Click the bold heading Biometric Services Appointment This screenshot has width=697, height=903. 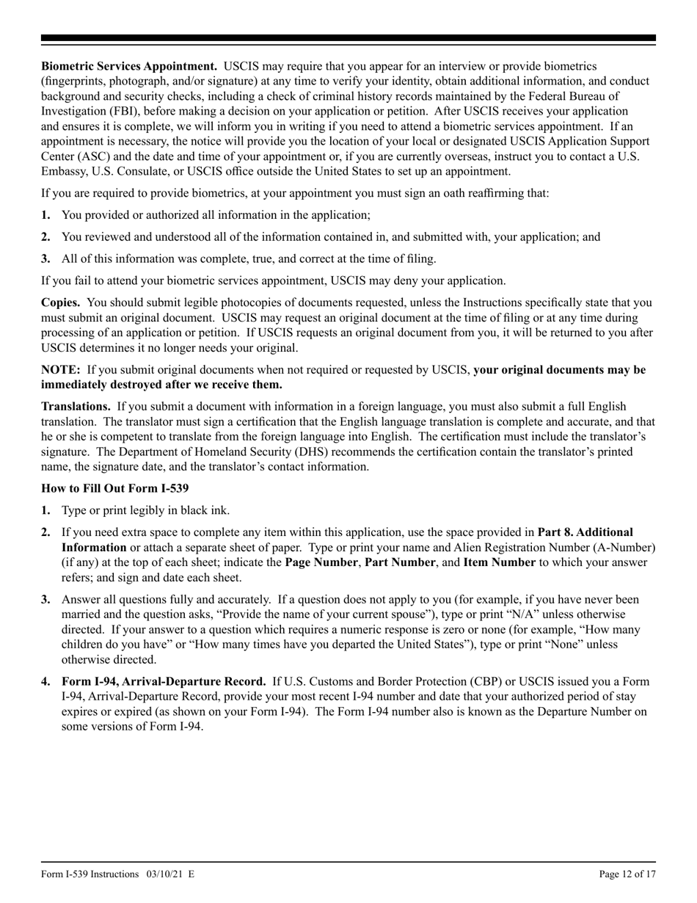coord(129,67)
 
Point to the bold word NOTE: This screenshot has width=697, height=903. coord(61,370)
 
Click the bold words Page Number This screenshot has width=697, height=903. coord(320,562)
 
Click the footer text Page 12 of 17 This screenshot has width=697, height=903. coord(627,874)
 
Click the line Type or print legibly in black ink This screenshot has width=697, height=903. coord(145,510)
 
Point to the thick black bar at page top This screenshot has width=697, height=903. coord(348,37)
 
